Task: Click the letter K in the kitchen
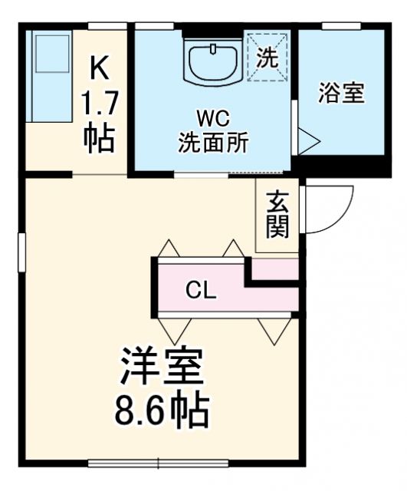click(x=100, y=68)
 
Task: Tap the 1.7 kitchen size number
click(x=100, y=102)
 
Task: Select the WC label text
click(x=212, y=118)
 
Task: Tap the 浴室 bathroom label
click(x=342, y=94)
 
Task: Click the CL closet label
click(x=202, y=290)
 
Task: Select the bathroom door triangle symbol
click(x=308, y=140)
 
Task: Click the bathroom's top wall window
click(x=341, y=26)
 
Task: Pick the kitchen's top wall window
click(x=107, y=26)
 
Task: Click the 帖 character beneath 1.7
click(x=100, y=138)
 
